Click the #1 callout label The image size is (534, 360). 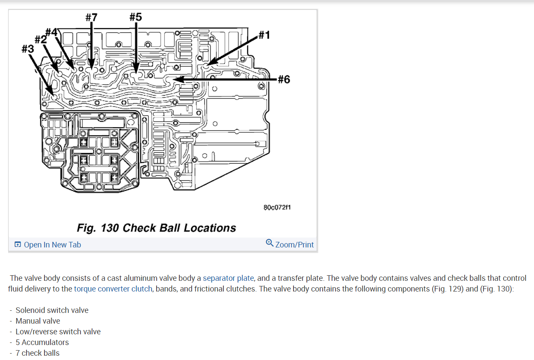pos(264,35)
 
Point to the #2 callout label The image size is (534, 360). pos(40,39)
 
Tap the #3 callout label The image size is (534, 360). pos(27,49)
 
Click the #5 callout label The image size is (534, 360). pos(135,17)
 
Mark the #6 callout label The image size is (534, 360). pos(284,79)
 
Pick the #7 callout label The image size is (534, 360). pos(91,17)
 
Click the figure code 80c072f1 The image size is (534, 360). pos(277,207)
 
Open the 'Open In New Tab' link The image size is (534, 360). pos(52,245)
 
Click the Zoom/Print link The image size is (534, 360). pos(294,245)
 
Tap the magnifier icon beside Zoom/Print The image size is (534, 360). pos(270,243)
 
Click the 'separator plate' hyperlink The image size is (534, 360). pos(228,278)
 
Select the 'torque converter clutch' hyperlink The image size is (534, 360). pos(113,289)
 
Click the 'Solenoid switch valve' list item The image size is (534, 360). pos(52,310)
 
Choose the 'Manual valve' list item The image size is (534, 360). pos(38,321)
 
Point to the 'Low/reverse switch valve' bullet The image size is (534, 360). pos(58,332)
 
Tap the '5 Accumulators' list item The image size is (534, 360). pos(42,342)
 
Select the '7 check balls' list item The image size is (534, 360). pos(37,353)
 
